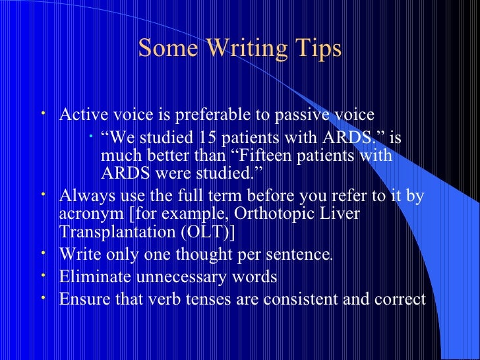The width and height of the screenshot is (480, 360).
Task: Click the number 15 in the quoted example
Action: (204, 138)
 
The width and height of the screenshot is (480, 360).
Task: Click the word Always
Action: (84, 196)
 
